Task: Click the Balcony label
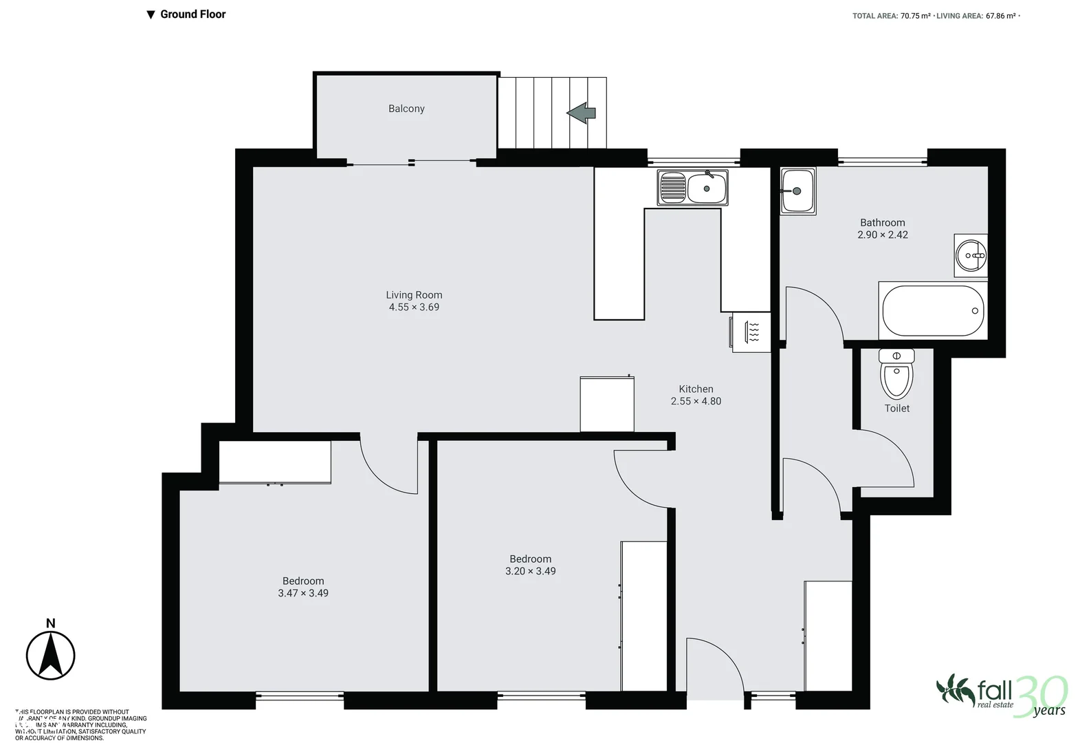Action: [406, 109]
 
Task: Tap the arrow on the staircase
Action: [582, 113]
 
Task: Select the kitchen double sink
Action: [692, 187]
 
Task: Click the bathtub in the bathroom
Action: [933, 311]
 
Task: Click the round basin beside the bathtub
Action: [971, 255]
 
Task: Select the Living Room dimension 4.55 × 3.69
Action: [414, 308]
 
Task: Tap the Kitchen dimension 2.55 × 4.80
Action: [696, 401]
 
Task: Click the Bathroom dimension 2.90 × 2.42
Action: [882, 235]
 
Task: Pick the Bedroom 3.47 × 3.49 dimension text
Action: [303, 593]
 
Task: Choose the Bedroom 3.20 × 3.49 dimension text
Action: [530, 571]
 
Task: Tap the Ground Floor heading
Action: [192, 14]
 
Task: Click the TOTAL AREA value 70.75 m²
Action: [915, 16]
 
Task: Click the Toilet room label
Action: [896, 409]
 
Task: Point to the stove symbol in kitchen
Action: [751, 332]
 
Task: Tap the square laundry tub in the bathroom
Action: [797, 191]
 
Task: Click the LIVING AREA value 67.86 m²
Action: [1001, 16]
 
